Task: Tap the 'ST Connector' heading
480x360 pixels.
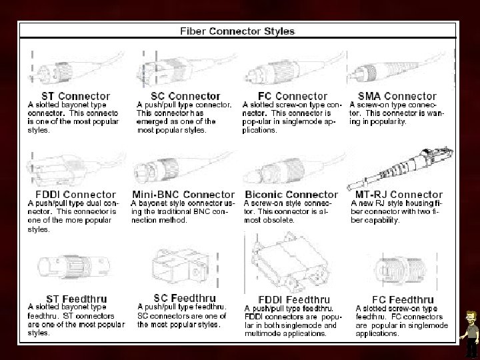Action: (67, 97)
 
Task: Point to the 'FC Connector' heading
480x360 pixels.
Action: (291, 97)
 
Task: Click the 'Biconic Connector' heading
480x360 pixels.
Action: (291, 195)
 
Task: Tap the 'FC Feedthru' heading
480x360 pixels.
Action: (395, 299)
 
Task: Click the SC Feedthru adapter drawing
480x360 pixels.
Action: (179, 270)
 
